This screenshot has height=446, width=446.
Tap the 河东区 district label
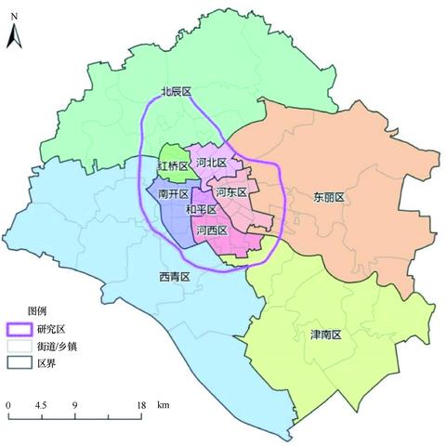230,192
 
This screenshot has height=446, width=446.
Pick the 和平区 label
202,211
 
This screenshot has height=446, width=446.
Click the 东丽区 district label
329,197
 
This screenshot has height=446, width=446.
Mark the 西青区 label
174,277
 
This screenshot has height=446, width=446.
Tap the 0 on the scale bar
7,406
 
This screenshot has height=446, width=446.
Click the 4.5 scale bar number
41,406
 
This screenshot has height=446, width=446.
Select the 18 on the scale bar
142,406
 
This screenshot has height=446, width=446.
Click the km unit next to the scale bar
164,406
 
